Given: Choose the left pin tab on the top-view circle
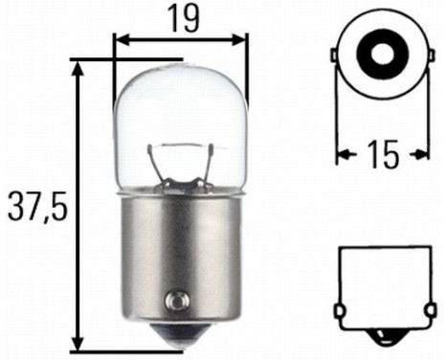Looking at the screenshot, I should point(335,56).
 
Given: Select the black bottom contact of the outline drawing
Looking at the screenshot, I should point(382,337).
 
